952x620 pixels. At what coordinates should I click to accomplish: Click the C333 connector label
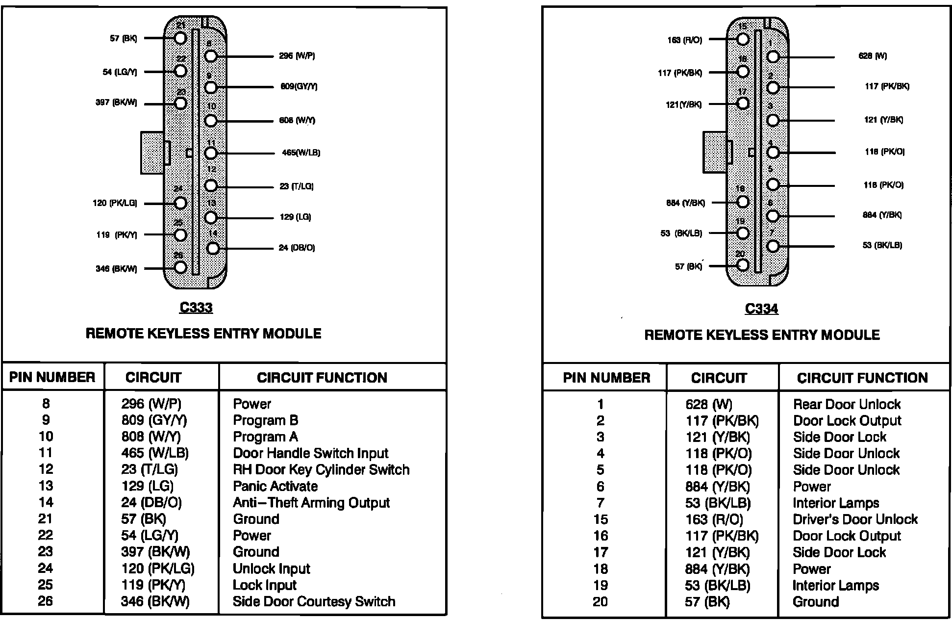click(x=196, y=308)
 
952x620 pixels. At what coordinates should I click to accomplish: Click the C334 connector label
click(x=761, y=309)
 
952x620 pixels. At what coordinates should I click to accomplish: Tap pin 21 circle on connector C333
click(x=180, y=38)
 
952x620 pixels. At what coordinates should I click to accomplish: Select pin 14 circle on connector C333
click(x=213, y=248)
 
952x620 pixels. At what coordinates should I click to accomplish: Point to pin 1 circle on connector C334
click(x=773, y=57)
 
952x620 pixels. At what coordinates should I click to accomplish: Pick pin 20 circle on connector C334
click(x=743, y=265)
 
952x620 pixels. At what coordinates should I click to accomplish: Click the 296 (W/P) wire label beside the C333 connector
click(x=297, y=56)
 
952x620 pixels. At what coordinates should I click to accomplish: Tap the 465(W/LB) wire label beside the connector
click(x=301, y=153)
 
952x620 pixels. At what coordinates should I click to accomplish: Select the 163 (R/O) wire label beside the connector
click(x=684, y=40)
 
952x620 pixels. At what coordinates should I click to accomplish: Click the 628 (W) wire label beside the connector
click(x=873, y=56)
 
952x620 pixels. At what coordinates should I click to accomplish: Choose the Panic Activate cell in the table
click(x=275, y=486)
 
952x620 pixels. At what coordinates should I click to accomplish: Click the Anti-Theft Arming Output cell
click(x=311, y=503)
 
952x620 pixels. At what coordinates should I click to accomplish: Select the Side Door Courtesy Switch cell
click(x=314, y=601)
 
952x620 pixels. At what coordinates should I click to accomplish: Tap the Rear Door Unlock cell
click(x=847, y=404)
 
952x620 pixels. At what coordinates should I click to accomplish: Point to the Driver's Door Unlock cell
click(x=855, y=519)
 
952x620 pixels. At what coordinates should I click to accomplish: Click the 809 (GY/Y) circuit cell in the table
click(x=154, y=420)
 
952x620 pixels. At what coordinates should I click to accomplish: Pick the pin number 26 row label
click(x=45, y=601)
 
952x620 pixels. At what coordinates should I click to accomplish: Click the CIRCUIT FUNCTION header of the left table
click(x=322, y=378)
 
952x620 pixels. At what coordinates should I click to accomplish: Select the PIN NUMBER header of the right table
click(x=606, y=378)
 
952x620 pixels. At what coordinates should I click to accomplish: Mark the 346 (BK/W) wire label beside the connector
click(x=116, y=269)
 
